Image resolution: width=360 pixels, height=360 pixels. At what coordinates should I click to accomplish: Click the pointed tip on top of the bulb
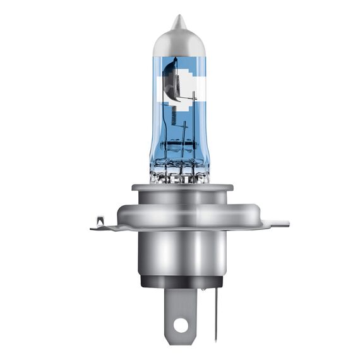click(x=180, y=20)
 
